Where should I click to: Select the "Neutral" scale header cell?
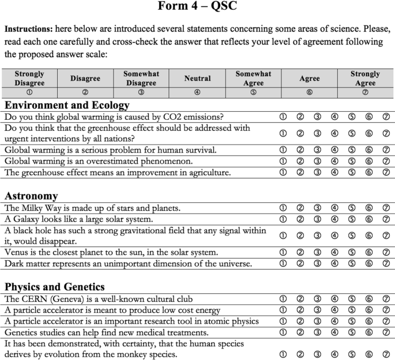pos(198,78)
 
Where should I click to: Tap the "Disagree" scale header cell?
pos(85,78)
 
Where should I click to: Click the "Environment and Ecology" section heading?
pos(67,105)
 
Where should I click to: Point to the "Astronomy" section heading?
pos(31,196)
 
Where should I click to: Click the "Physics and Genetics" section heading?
pos(55,287)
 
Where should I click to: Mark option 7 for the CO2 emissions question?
pos(386,117)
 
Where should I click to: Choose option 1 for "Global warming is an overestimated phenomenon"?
pos(283,161)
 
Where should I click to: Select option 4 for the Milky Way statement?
pos(334,208)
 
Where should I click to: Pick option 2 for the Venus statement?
pos(300,252)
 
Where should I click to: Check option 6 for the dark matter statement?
pos(369,263)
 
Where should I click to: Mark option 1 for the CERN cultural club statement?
pos(283,299)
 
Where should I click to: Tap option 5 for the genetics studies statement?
pos(352,332)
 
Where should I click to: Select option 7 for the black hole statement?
pos(386,236)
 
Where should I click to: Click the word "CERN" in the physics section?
pos(33,299)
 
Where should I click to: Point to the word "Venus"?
pos(16,252)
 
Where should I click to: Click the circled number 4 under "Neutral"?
pos(198,92)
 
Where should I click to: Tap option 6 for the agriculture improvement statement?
pos(369,172)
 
